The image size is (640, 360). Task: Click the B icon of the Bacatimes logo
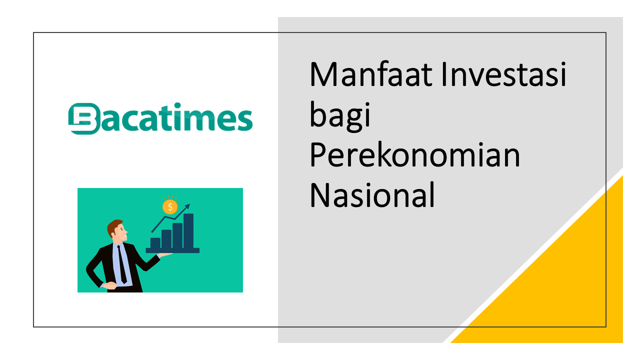(82, 118)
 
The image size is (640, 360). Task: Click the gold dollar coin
(170, 206)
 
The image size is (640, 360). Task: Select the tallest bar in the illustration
(188, 231)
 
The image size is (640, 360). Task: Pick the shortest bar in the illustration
(155, 243)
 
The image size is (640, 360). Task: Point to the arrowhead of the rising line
(187, 205)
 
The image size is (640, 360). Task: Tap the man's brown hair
(114, 225)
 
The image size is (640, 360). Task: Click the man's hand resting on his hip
(109, 285)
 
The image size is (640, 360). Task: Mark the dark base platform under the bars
(172, 250)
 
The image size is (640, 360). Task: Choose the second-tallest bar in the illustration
(177, 235)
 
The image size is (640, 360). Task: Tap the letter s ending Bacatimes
(243, 120)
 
